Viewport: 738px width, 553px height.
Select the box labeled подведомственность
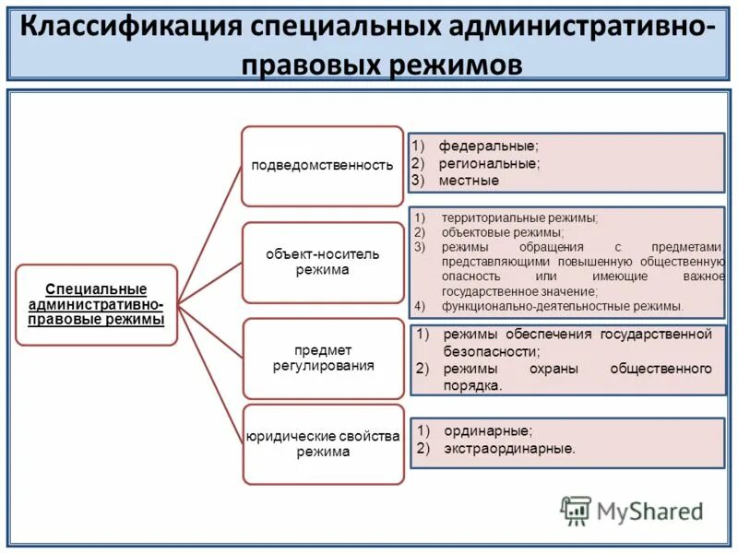tap(322, 166)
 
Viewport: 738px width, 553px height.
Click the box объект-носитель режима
tap(322, 262)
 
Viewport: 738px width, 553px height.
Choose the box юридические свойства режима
tap(322, 443)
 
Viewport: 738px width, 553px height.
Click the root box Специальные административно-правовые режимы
tap(96, 304)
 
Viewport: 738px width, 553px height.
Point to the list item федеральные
tap(488, 147)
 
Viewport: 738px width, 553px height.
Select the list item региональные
tap(489, 163)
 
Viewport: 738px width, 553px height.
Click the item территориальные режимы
tap(519, 218)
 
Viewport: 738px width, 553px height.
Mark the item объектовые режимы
tap(502, 232)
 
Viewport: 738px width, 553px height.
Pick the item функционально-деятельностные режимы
tap(562, 305)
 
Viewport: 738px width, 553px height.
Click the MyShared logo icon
tap(576, 510)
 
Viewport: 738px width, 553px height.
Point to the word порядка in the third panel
tap(472, 386)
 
